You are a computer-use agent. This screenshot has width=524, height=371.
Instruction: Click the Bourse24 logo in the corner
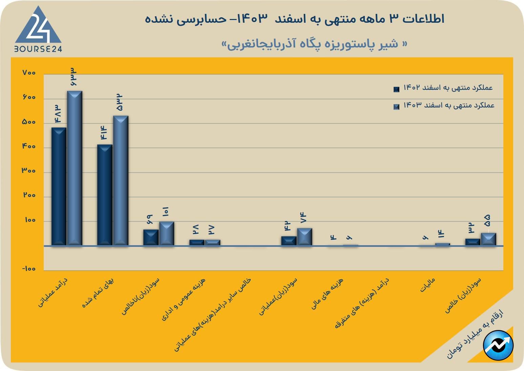[38, 30]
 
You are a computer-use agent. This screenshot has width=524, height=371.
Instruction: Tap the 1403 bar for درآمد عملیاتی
[75, 168]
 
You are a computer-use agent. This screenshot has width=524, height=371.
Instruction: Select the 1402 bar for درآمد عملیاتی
[59, 186]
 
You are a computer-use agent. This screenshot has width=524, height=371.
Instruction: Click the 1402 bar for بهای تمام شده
[105, 195]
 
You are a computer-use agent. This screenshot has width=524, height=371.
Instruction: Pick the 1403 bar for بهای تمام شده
[121, 180]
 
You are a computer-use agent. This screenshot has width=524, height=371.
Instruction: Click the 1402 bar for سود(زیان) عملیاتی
[289, 241]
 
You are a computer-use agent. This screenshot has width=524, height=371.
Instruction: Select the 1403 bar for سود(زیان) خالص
[488, 239]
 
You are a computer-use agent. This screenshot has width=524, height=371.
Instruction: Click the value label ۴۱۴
[103, 133]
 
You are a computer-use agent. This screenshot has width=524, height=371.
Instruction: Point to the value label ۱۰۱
[166, 212]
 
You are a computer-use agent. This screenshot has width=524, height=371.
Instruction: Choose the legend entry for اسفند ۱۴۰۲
[444, 88]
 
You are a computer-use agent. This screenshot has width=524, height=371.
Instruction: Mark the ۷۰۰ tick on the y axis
[29, 73]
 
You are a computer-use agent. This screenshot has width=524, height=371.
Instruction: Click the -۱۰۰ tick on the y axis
[29, 269]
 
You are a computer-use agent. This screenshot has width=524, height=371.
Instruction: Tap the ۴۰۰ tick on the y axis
[29, 147]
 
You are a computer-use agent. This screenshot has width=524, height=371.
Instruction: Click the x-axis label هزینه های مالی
[327, 294]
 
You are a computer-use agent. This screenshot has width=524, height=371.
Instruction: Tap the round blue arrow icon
[498, 345]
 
